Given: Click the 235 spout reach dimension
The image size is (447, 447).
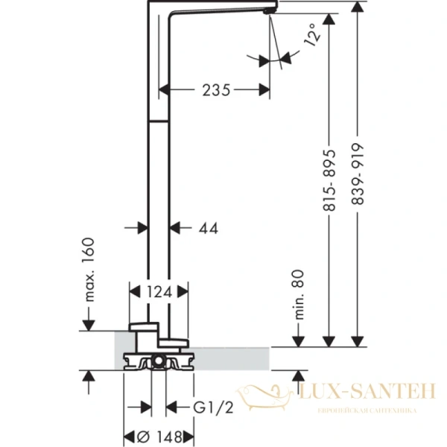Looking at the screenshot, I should click(x=215, y=90).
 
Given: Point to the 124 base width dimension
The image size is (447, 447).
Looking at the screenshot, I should click(x=159, y=293).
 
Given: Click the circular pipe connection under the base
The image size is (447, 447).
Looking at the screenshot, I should click(x=159, y=363).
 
